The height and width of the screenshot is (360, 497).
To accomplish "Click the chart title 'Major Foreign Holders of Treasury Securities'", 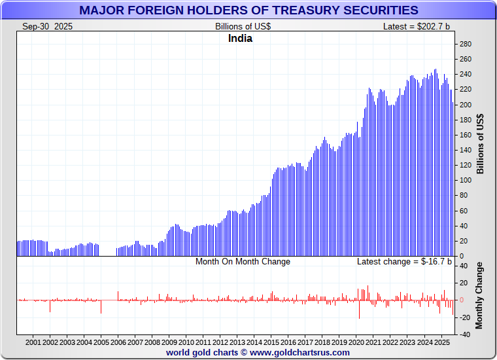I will click(x=248, y=10).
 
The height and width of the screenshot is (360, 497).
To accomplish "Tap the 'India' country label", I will click(x=240, y=38).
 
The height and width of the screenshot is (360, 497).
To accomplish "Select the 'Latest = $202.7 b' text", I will click(x=417, y=26).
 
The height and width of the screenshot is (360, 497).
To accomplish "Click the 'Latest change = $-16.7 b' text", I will click(x=403, y=261).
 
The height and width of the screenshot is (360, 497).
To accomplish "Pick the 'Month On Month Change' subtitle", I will click(x=243, y=261).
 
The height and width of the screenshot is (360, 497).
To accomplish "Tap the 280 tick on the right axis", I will click(x=466, y=44).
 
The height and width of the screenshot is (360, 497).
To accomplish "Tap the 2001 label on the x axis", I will click(x=33, y=342).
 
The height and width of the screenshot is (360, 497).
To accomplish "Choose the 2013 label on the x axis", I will click(x=237, y=342).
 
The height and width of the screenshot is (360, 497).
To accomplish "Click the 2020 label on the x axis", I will click(x=356, y=342).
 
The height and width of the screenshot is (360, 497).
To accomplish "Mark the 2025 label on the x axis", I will click(x=441, y=342).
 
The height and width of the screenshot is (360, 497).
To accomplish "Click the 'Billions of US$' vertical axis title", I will click(x=481, y=144).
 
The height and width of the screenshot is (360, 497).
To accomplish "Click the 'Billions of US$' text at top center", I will click(x=243, y=26).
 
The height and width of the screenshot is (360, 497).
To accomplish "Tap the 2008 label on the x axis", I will click(x=152, y=342).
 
